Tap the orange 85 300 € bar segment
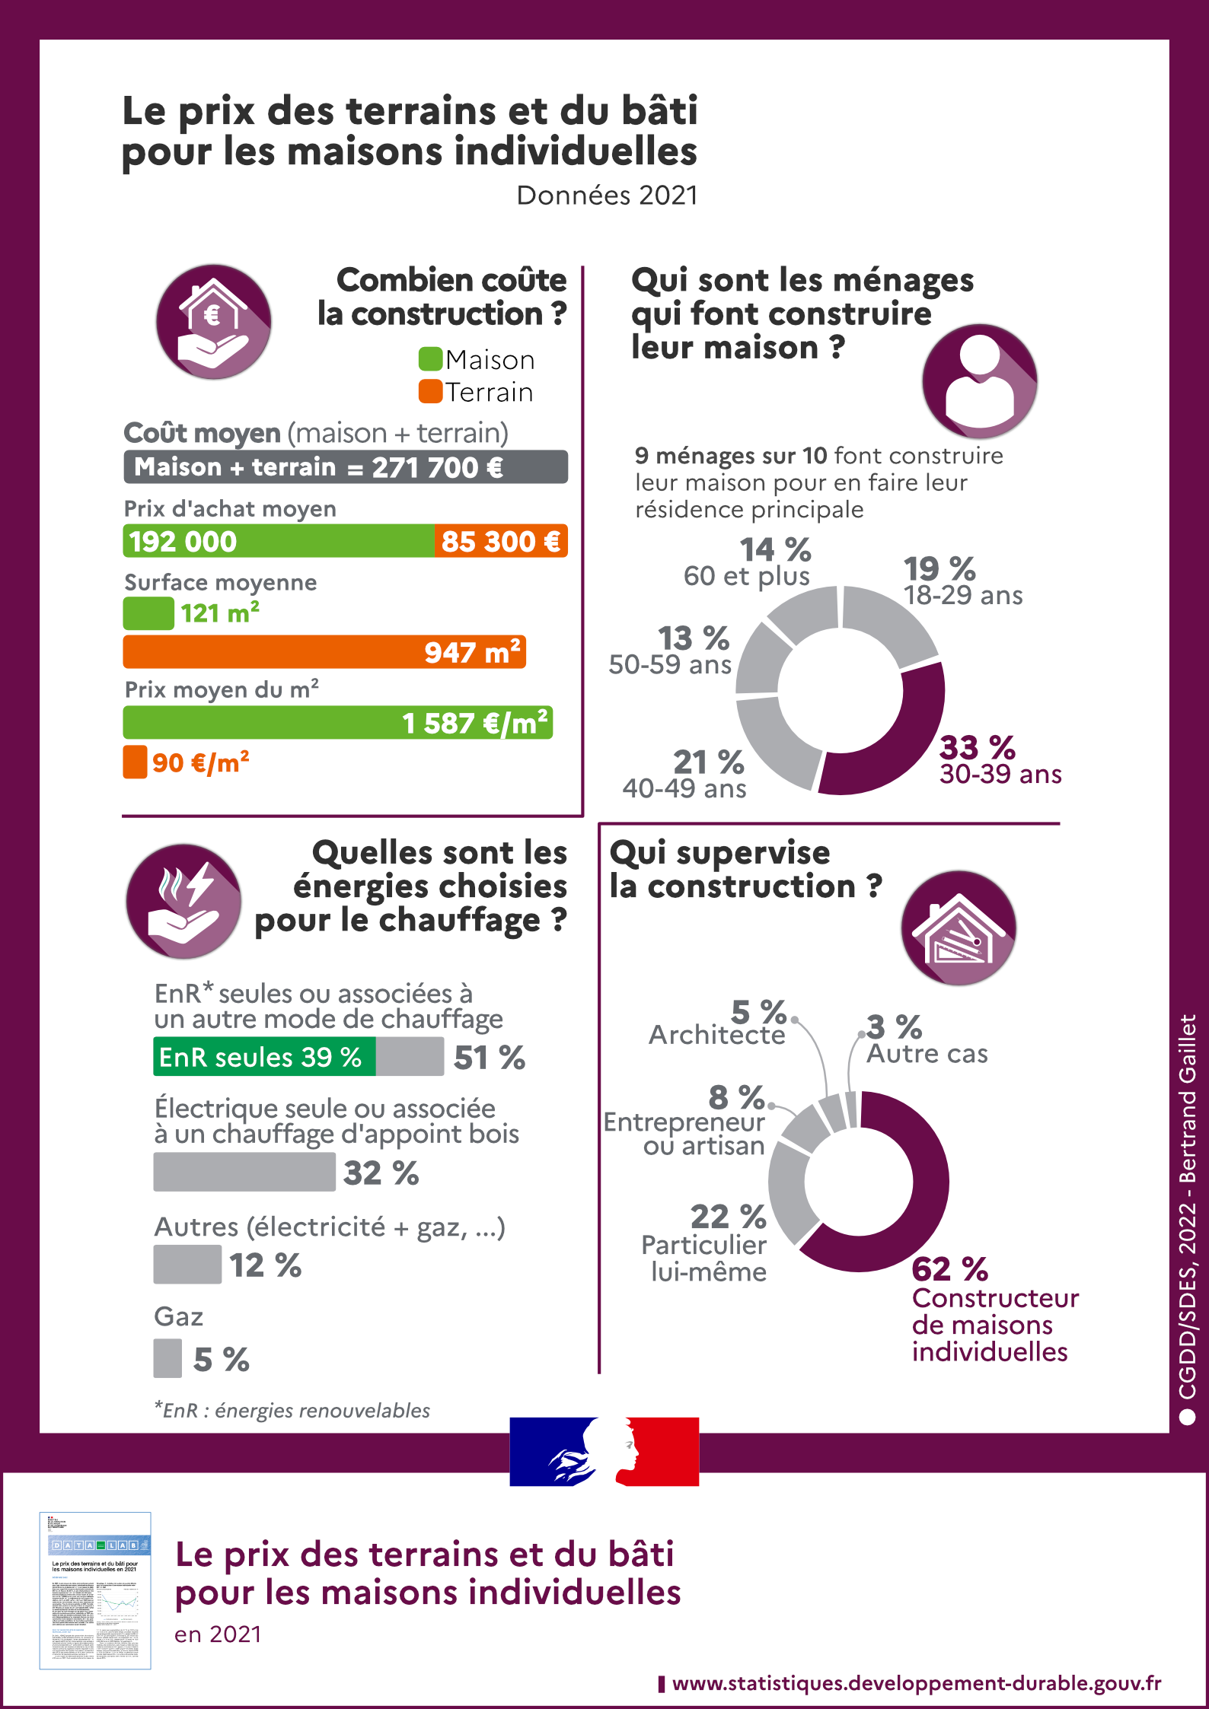pos(501,541)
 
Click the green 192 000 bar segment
pos(278,541)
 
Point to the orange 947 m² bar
pos(324,652)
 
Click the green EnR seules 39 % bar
pos(263,1057)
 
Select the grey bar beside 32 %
pos(244,1172)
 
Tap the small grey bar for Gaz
pos(167,1358)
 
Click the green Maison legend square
pos(430,359)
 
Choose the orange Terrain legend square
pos(430,392)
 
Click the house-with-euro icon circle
pos(214,322)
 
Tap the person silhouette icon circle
pos(980,381)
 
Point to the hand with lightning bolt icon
pos(183,901)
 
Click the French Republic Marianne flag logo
pos(604,1451)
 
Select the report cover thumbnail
pos(95,1590)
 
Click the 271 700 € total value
pos(437,467)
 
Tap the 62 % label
pos(949,1269)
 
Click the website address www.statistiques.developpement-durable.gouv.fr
pos(916,1683)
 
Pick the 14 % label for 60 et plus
pos(775,549)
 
